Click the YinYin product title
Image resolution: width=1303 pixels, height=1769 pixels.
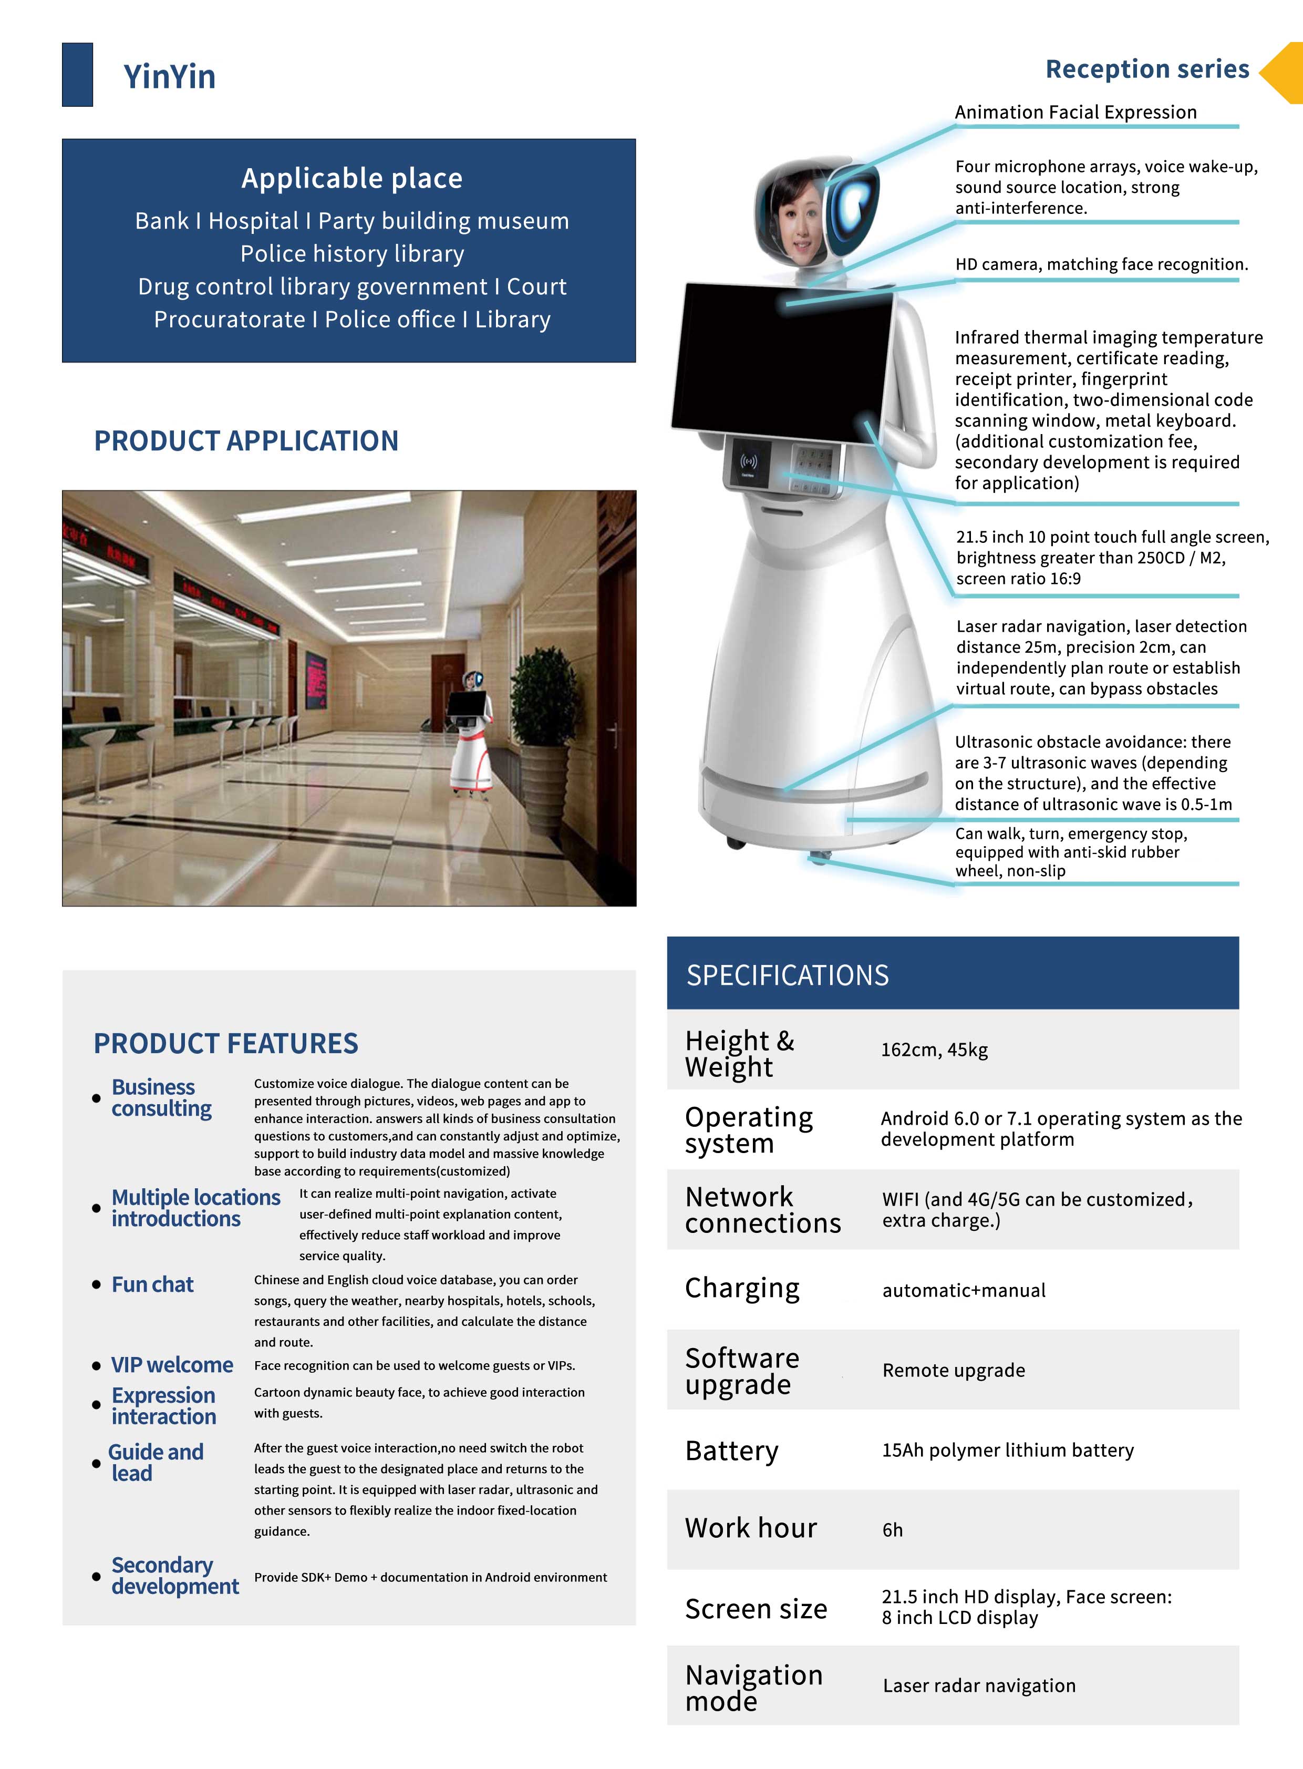(x=169, y=77)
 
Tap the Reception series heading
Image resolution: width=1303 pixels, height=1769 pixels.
(x=1147, y=69)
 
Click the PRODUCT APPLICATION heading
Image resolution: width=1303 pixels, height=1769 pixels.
(x=246, y=440)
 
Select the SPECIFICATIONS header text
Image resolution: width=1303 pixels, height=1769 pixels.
(x=787, y=975)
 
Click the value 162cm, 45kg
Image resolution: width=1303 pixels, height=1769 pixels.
(x=934, y=1050)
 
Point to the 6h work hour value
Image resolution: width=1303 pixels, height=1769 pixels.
(x=892, y=1530)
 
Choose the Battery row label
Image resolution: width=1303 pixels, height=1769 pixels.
(x=731, y=1450)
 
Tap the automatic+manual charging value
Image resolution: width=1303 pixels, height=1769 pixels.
(x=963, y=1290)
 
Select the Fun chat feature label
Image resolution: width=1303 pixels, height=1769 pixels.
(x=152, y=1284)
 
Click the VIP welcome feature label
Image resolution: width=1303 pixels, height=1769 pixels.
(x=172, y=1365)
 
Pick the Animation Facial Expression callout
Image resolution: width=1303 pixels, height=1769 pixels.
(x=1075, y=112)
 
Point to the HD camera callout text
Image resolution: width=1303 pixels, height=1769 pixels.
(x=1101, y=264)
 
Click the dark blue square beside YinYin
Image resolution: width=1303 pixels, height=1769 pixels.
(x=77, y=75)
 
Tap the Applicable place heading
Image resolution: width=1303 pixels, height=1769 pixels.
(x=352, y=178)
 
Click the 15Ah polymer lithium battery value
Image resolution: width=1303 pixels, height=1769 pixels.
(x=1007, y=1450)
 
